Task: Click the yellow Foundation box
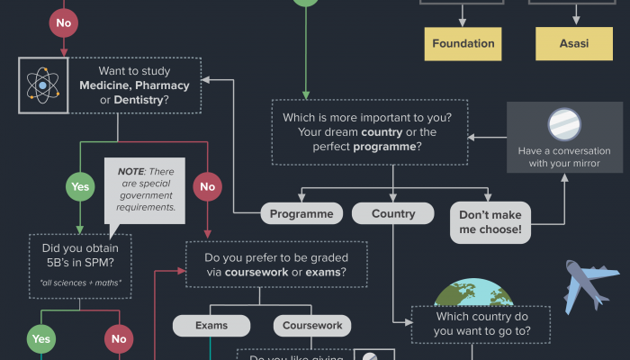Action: [463, 43]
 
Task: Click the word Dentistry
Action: [138, 100]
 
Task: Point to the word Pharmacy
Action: [162, 85]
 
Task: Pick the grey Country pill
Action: [393, 214]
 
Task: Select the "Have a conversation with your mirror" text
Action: [564, 157]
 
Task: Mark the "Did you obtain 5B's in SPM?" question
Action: [81, 253]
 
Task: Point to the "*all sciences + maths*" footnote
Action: [81, 283]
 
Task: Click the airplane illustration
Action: [589, 286]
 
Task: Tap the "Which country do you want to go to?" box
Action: [482, 324]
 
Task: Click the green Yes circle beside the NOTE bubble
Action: [79, 188]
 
